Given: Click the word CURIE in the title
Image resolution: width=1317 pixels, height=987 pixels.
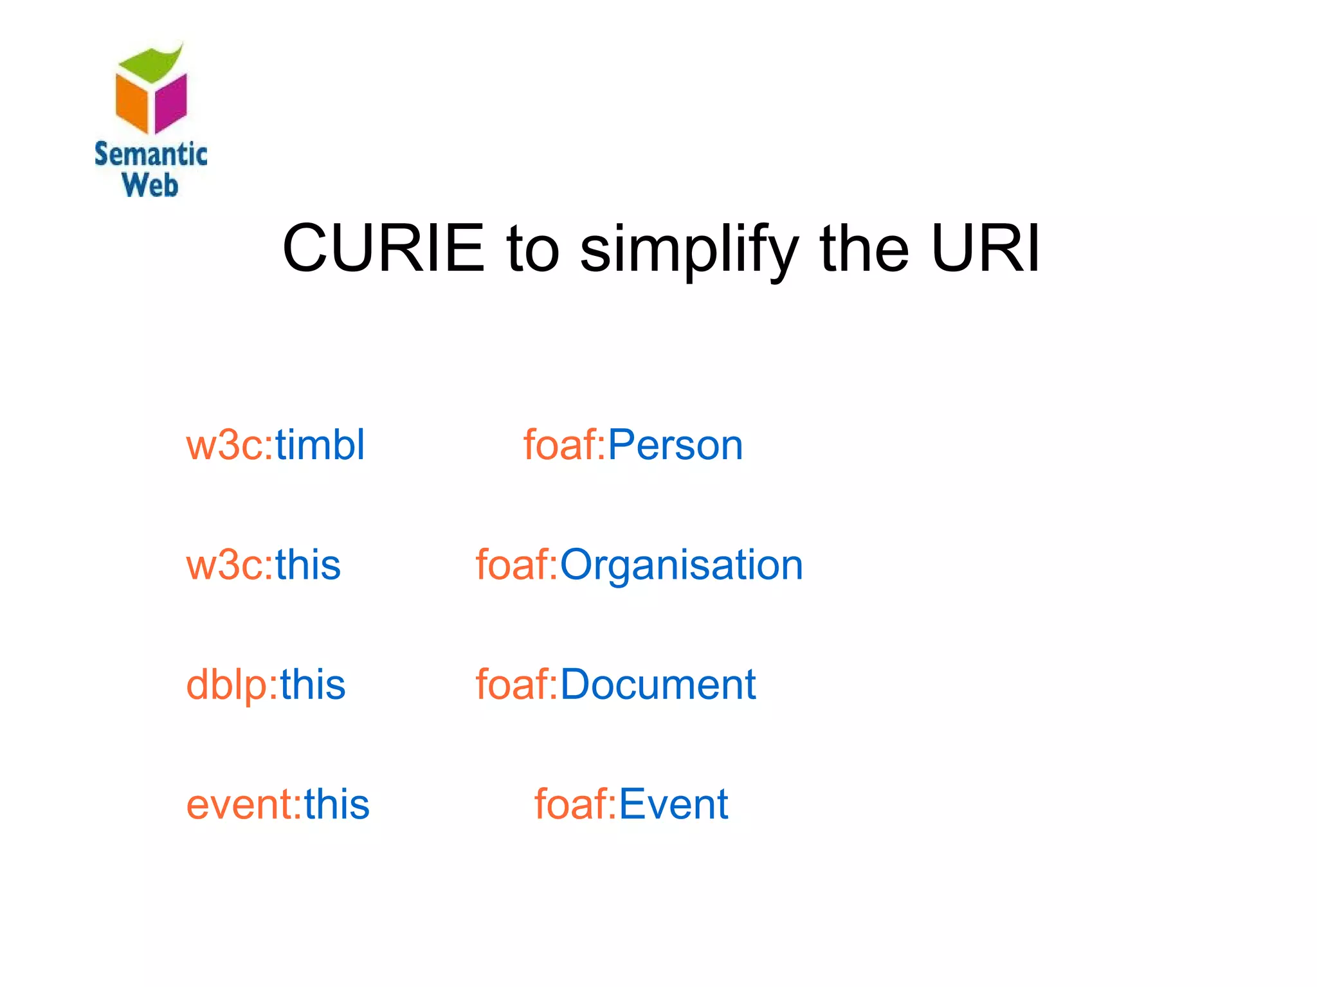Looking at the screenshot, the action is click(383, 248).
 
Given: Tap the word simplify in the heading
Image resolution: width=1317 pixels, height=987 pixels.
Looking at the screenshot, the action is click(689, 251).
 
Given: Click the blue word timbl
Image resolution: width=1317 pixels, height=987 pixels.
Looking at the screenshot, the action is click(320, 444).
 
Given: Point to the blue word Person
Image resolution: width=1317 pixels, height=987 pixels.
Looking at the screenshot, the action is click(675, 445).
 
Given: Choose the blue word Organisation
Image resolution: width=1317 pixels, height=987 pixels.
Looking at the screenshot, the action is click(681, 565).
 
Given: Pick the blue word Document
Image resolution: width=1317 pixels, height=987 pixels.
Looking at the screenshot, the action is click(658, 684).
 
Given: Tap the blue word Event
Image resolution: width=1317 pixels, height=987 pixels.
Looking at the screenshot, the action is click(673, 804).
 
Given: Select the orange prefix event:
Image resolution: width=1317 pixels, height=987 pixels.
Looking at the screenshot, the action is click(244, 804).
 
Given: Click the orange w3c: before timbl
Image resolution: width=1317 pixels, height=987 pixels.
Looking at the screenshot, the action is click(230, 445).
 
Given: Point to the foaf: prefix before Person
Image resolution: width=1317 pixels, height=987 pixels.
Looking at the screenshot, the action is click(565, 445).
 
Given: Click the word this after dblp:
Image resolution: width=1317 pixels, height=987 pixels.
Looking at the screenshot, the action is click(313, 684).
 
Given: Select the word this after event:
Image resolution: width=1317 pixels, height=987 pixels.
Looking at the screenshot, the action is click(337, 804).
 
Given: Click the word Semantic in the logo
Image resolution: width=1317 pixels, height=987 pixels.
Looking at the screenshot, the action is click(150, 154).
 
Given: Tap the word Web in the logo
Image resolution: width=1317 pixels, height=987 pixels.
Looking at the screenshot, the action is click(150, 185).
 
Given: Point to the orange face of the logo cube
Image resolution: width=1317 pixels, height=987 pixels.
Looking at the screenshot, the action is click(132, 103).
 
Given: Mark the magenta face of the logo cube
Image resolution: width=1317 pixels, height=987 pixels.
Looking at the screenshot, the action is click(171, 103).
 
